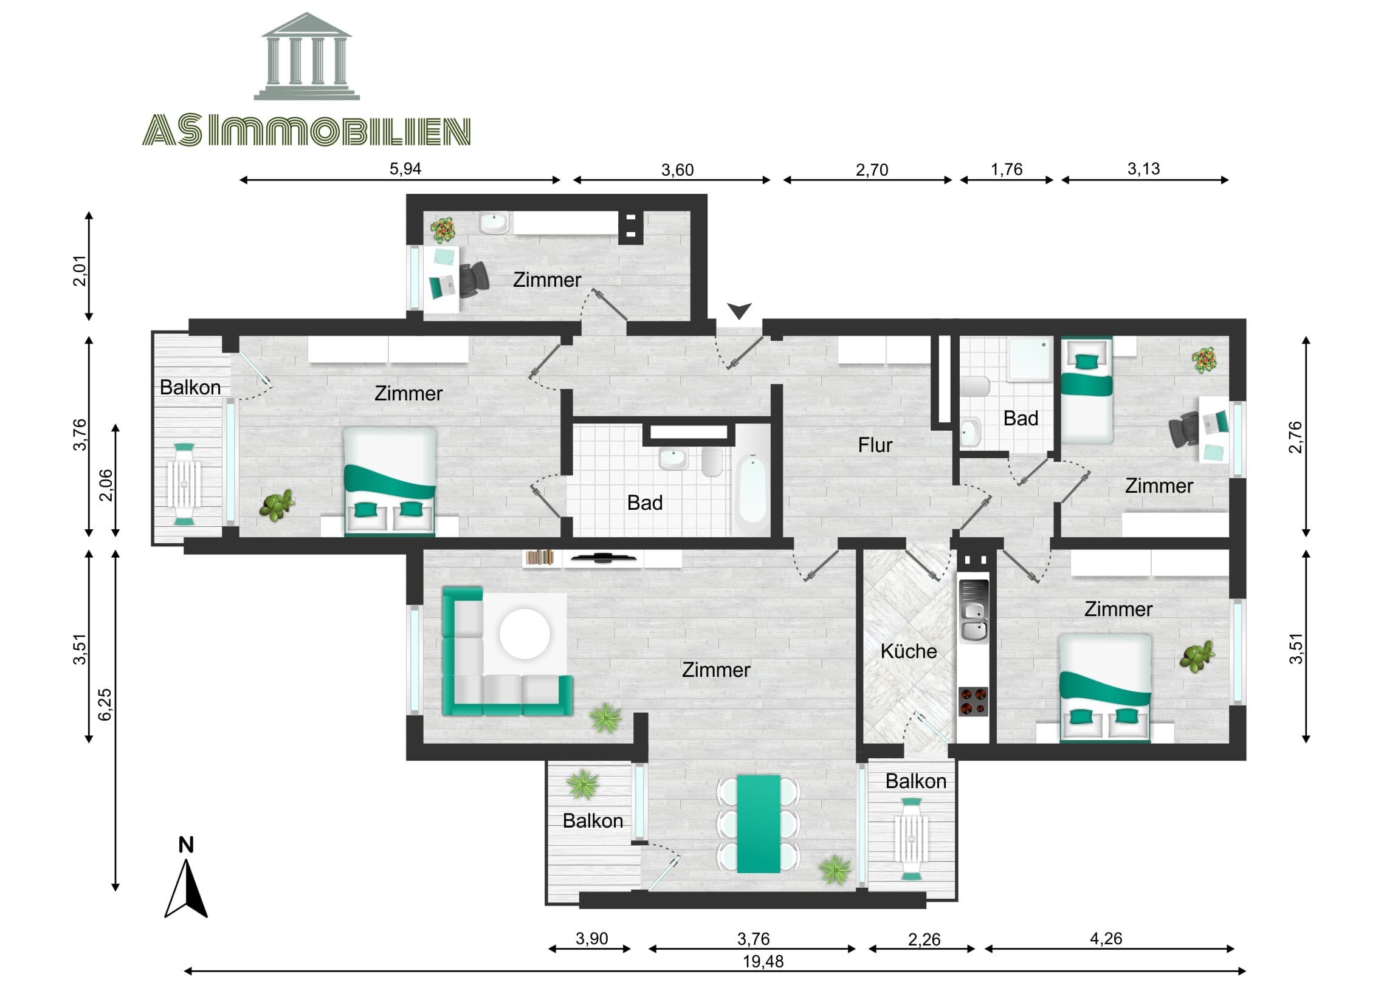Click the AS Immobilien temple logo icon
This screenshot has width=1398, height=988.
click(x=306, y=58)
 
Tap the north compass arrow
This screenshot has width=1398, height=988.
click(x=187, y=890)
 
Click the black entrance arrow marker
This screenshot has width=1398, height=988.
click(x=739, y=311)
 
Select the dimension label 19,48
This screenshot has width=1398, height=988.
click(x=763, y=962)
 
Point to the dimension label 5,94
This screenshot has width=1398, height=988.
click(x=405, y=169)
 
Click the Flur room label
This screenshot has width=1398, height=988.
click(x=875, y=445)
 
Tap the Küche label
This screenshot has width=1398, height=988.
click(x=909, y=651)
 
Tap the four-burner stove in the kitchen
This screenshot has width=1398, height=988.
click(x=973, y=701)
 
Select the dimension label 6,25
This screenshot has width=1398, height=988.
click(x=105, y=704)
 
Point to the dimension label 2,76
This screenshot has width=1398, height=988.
click(x=1295, y=437)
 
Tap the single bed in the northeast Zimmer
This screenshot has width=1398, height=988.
click(x=1086, y=389)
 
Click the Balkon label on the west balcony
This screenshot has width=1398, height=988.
click(x=190, y=387)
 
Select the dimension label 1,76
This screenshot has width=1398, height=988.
click(x=1006, y=170)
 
